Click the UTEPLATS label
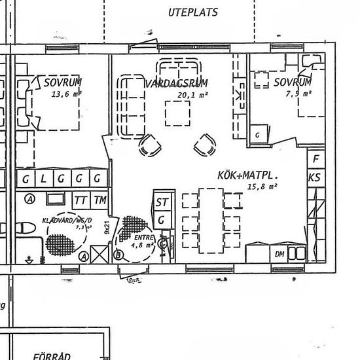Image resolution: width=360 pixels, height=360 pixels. (x=192, y=12)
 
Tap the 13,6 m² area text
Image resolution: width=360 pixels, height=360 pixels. (x=65, y=94)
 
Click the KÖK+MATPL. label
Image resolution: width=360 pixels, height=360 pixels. (x=249, y=175)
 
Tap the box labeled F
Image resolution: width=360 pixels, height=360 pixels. (x=316, y=159)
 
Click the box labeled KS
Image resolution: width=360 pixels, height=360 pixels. (x=315, y=177)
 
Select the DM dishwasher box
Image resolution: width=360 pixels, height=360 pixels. (x=279, y=254)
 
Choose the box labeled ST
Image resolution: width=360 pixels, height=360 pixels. (x=161, y=201)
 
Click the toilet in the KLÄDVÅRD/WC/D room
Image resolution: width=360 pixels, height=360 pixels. (x=24, y=228)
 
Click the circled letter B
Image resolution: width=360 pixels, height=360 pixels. (x=118, y=255)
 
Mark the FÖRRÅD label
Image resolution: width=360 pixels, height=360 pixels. (x=52, y=355)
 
